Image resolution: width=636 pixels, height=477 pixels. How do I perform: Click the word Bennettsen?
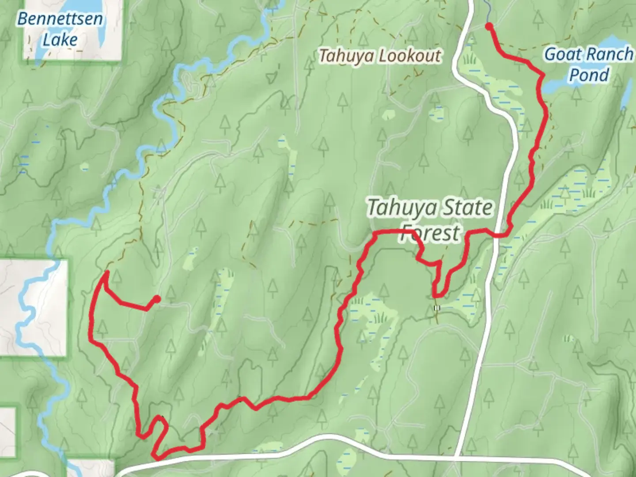click(60, 19)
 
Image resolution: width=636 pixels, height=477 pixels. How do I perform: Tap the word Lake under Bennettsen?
click(60, 40)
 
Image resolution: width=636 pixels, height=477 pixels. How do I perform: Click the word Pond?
click(589, 75)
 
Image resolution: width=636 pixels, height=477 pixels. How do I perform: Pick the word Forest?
click(429, 233)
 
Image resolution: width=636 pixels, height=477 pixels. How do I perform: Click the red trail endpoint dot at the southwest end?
click(156, 299)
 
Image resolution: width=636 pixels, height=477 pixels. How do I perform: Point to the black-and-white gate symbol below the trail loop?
click(437, 308)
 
